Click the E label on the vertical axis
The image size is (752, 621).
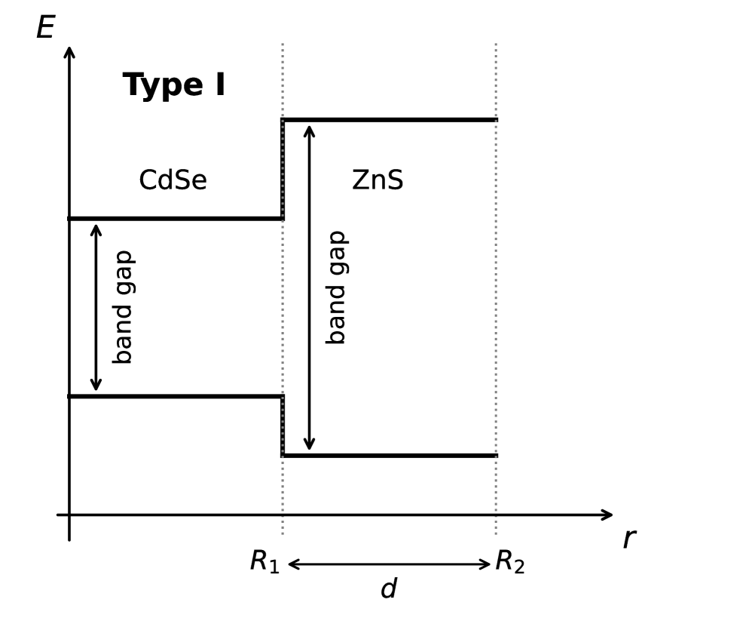[45, 29]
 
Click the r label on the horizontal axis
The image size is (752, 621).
[629, 539]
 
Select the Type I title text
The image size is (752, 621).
[174, 85]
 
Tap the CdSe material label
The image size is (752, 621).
[173, 181]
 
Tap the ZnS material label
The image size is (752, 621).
[378, 181]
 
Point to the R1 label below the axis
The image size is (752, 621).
[264, 562]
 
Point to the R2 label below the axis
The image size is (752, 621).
[509, 562]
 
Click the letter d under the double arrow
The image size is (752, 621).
[388, 589]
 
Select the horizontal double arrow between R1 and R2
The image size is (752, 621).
[389, 564]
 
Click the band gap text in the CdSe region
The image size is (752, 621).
[123, 307]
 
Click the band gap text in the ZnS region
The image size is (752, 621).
[336, 287]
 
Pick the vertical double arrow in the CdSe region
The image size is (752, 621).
[96, 307]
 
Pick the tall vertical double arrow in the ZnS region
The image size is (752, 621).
[309, 287]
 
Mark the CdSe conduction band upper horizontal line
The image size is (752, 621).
[175, 219]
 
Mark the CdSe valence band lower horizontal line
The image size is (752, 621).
[175, 396]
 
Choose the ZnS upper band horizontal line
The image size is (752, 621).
[389, 120]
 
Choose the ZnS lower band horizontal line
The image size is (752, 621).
[389, 456]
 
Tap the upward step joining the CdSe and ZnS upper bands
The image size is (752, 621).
[283, 169]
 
